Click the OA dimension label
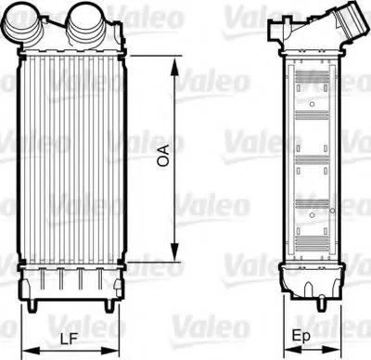coord(163,155)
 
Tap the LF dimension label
coord(69,340)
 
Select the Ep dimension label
coord(301,336)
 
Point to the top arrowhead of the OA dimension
coord(174,66)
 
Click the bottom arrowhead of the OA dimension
coord(174,252)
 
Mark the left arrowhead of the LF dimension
coord(32,351)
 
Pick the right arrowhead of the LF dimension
coord(109,351)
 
